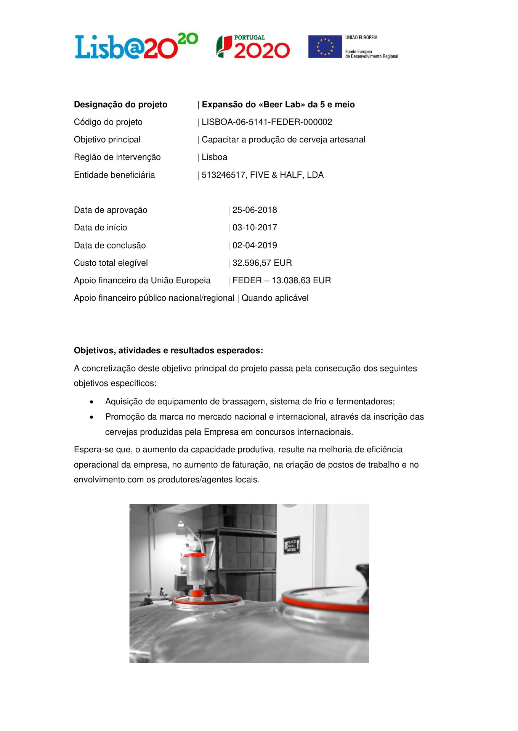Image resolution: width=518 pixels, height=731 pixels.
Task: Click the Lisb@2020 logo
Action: coord(136,46)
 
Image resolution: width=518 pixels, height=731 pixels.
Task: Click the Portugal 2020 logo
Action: coord(253,47)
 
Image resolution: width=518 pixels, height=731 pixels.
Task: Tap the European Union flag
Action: coord(325,46)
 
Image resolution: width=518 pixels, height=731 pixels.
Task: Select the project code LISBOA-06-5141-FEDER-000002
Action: coord(267,122)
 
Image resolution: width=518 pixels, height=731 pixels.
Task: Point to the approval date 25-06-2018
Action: coord(255,210)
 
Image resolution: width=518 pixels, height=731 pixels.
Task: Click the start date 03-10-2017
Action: coord(255,228)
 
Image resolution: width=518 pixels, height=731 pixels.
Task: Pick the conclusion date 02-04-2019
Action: coord(255,246)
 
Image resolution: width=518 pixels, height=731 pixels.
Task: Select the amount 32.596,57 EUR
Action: coord(262,263)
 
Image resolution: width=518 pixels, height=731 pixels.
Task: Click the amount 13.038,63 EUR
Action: coord(301,281)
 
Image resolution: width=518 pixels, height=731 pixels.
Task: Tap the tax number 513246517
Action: coord(224,175)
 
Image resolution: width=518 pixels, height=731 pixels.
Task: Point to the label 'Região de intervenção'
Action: coord(117,157)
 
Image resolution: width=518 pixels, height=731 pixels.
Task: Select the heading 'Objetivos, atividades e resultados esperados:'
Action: coord(168,351)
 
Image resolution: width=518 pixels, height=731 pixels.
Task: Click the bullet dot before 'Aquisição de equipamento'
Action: coord(91,402)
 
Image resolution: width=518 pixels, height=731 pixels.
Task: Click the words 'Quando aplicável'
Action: coord(275,298)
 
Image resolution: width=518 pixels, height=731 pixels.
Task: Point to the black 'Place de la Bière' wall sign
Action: coord(292,545)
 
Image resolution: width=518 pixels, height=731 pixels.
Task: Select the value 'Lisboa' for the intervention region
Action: coord(214,157)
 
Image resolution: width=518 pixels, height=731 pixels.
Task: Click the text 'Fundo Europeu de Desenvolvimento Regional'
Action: coord(371,54)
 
